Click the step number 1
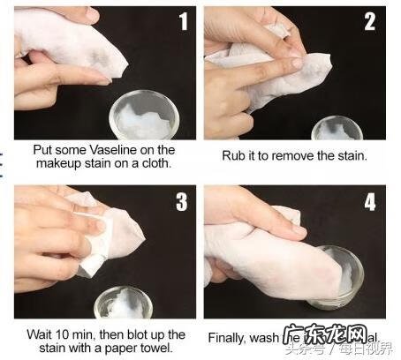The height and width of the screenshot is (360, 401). coord(182,21)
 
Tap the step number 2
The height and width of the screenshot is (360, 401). coord(370,21)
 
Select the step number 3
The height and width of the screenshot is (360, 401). coord(181,202)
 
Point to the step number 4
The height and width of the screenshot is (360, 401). coord(370,202)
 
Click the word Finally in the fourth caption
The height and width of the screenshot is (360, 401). coord(229,338)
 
